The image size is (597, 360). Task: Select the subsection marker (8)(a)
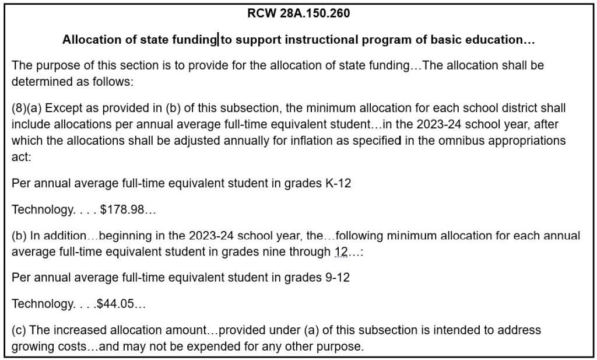[x=26, y=109]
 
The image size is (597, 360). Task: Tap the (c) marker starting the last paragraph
[x=19, y=330]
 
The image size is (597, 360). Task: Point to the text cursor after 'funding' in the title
[x=218, y=40]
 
